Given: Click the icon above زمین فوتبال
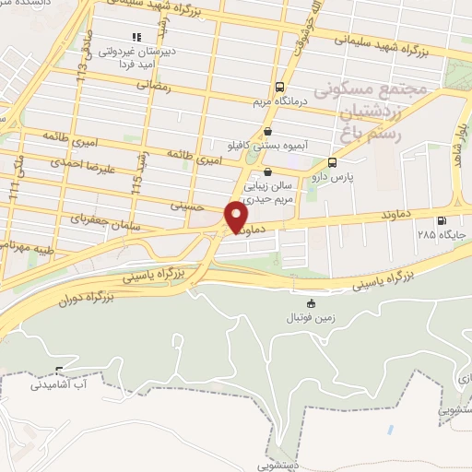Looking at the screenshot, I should (311, 303).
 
